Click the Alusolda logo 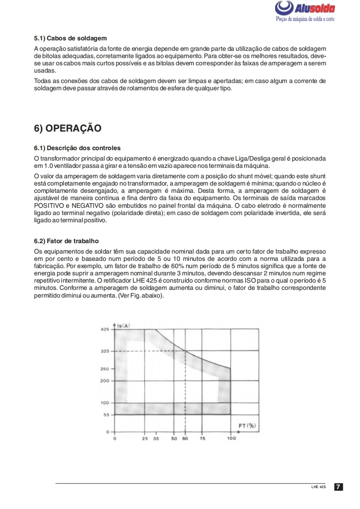[305, 8]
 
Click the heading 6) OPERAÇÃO [68, 128]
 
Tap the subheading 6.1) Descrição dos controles [78, 148]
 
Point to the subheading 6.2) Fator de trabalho [66, 241]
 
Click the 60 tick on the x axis [185, 439]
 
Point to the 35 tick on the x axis [156, 439]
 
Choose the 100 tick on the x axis [231, 439]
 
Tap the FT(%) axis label [247, 426]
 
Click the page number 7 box [338, 487]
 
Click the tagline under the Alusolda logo [306, 20]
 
